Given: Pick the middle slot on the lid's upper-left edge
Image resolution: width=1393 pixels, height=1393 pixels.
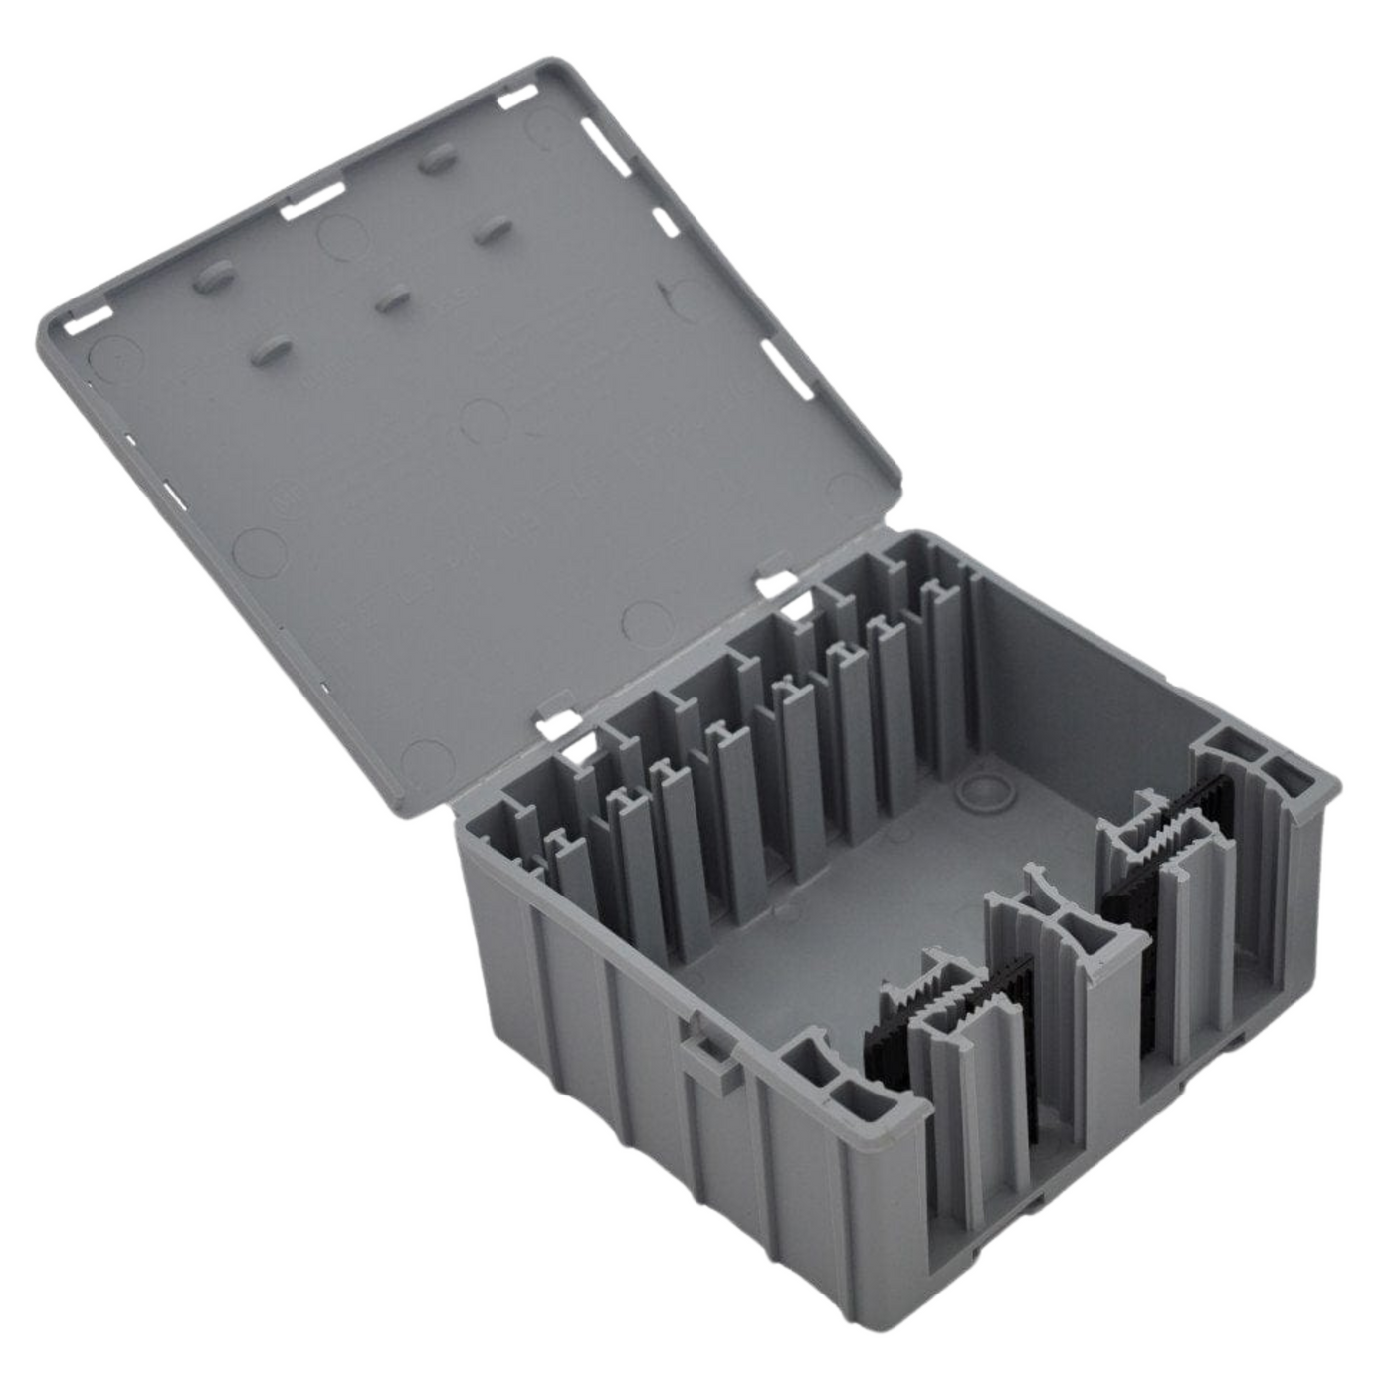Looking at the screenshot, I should click(308, 206).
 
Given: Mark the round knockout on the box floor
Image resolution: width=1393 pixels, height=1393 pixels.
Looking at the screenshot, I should click(980, 791).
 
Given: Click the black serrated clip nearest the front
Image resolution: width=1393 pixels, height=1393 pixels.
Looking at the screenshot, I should click(955, 1005).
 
